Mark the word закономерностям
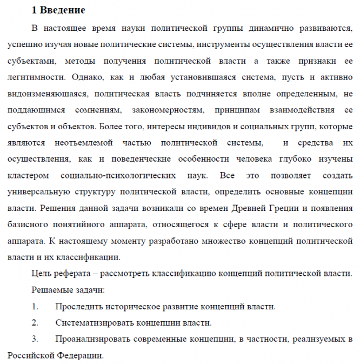point(175,110)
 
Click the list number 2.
point(35,323)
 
